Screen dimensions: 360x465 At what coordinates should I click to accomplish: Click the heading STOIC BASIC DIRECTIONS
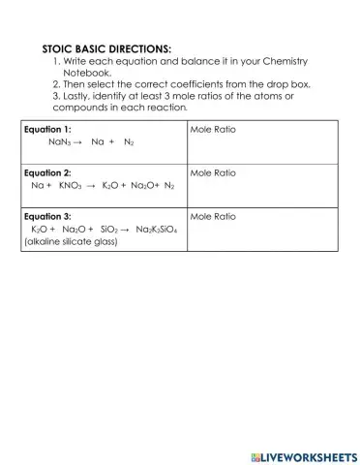coord(106,48)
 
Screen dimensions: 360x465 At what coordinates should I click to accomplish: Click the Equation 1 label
coord(47,129)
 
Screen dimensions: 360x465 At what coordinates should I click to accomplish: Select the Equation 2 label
coord(47,172)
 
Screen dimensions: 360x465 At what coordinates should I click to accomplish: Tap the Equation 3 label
coord(47,216)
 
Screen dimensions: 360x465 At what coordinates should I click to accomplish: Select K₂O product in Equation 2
coord(111,185)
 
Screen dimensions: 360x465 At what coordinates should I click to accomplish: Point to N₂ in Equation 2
coord(169,185)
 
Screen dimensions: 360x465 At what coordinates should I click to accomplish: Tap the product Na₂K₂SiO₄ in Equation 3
coord(157,229)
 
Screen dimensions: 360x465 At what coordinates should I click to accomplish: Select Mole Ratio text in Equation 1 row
coord(213,129)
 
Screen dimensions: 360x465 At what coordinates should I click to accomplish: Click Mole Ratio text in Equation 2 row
coord(213,172)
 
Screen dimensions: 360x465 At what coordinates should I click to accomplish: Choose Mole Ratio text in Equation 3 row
coord(213,216)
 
